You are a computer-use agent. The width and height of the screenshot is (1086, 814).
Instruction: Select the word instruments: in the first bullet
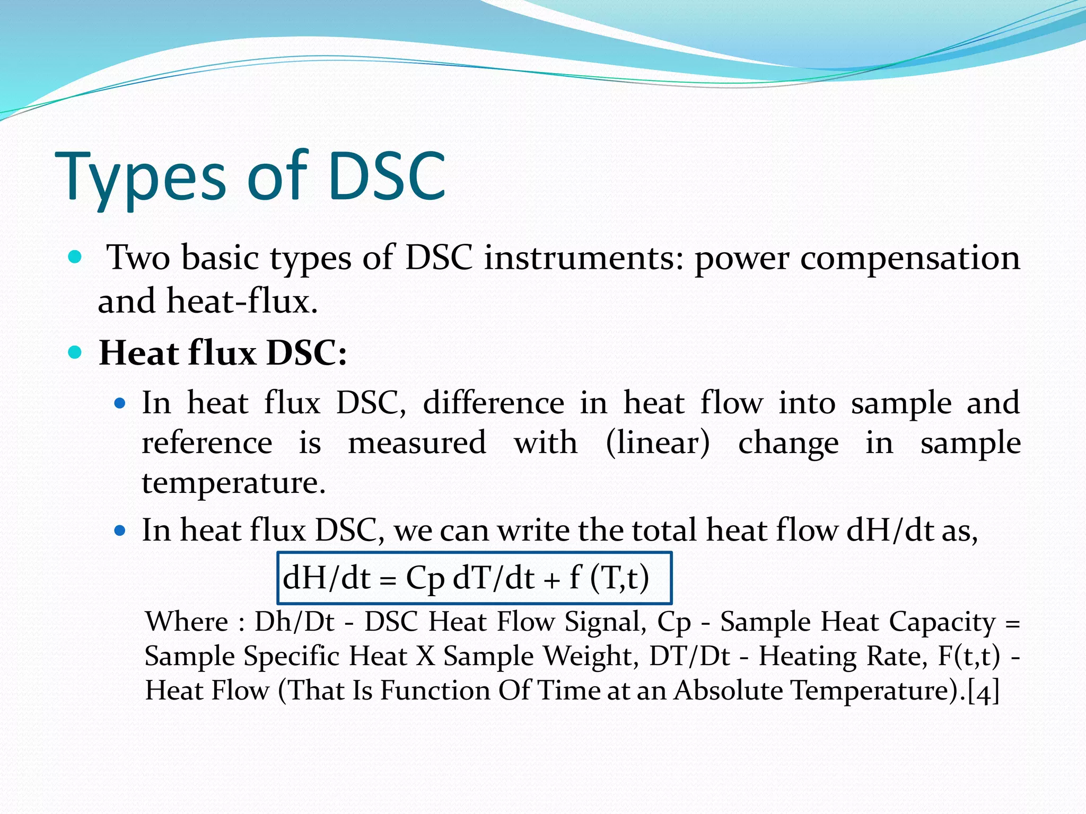tap(584, 258)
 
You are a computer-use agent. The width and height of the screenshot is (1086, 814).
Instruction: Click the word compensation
tap(910, 259)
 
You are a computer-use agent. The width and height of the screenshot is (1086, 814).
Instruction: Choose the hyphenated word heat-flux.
tap(242, 302)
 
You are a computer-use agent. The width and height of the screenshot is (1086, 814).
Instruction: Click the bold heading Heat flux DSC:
tap(223, 352)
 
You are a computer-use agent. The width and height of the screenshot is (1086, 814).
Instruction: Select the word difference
tap(493, 403)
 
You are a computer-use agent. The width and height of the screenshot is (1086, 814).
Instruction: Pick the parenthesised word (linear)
tap(658, 443)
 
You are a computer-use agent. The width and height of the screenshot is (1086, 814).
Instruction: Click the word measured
tap(417, 443)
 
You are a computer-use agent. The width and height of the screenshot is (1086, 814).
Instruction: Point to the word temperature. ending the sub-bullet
tap(234, 483)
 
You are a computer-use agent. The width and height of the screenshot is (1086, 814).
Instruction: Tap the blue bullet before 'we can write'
tap(120, 530)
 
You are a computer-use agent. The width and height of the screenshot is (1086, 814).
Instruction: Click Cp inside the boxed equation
tap(425, 578)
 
